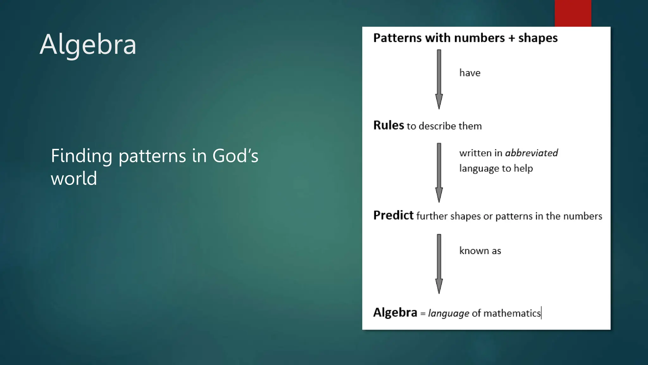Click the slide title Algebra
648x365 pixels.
(88, 45)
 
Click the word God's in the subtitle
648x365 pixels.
(235, 156)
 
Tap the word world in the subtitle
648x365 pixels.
(74, 178)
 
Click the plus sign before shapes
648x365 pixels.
(512, 38)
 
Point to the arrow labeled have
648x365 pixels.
(439, 79)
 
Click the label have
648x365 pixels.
(470, 73)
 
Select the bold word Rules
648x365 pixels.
(389, 125)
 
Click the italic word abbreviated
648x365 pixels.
(532, 153)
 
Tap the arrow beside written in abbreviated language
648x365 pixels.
(439, 173)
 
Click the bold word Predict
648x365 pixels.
(393, 215)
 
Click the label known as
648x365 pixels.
(480, 251)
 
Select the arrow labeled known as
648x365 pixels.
(439, 264)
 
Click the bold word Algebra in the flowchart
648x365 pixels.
(395, 313)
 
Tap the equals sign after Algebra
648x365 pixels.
(423, 314)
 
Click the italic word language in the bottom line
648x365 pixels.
(448, 313)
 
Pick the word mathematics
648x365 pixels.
(512, 313)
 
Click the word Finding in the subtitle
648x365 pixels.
(81, 156)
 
